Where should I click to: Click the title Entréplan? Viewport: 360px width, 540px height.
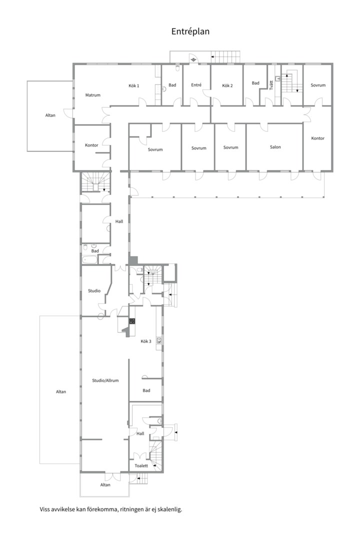190,31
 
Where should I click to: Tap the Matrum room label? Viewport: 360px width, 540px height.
92,95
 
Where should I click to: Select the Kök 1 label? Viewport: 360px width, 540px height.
133,86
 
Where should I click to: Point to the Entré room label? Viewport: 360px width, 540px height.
196,84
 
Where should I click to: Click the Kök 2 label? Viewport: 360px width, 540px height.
227,85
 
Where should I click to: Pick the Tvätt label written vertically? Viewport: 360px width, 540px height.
271,85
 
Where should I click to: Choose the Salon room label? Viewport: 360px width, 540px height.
275,147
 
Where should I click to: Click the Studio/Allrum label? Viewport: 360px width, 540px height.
105,380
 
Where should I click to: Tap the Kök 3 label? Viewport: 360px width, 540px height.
145,341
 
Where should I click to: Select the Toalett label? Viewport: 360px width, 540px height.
141,465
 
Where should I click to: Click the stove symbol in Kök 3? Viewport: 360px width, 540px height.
132,321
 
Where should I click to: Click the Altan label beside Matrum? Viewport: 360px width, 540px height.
50,115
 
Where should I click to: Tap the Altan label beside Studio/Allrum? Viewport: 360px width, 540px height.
61,391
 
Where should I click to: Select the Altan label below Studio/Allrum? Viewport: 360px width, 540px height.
105,485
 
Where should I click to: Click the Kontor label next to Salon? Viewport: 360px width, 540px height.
317,138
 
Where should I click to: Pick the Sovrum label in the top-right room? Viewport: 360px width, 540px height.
318,85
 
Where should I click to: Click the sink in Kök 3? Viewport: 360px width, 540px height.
159,340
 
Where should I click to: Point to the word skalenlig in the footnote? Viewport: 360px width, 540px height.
171,509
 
